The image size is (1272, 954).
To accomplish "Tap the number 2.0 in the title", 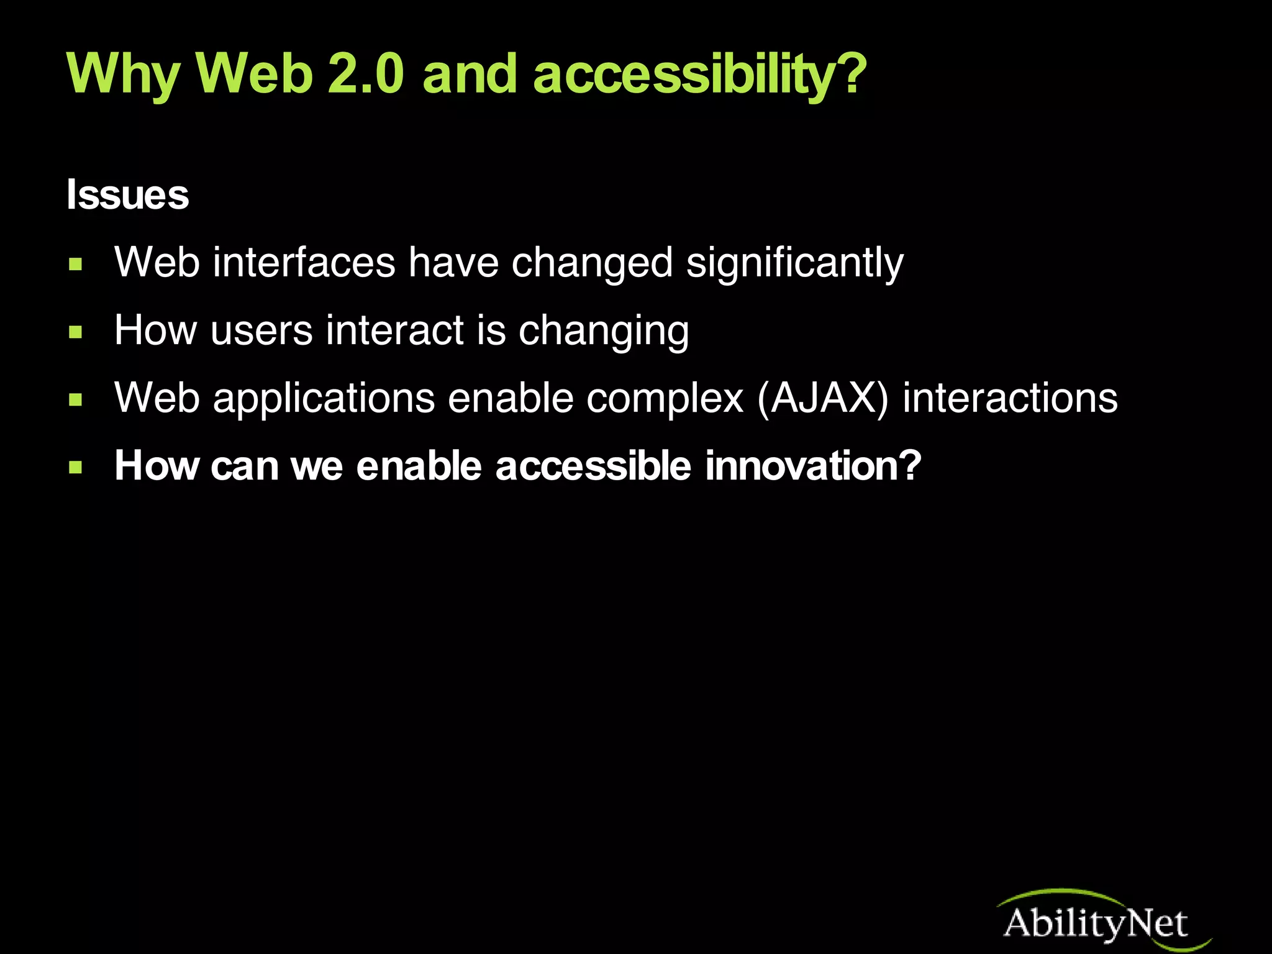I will coord(365,75).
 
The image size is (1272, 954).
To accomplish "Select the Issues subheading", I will coord(127,195).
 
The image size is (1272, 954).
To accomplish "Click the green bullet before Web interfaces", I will coord(76,265).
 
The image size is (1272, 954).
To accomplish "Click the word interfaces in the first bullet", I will coord(304,262).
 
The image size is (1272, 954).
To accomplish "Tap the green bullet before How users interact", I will coord(76,333).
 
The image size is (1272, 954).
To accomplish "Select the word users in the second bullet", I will coord(261,330).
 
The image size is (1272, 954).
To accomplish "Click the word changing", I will coord(603,331).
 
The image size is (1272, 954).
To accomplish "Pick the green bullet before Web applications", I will coord(76,400).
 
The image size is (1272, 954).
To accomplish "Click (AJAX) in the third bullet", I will coord(823,398).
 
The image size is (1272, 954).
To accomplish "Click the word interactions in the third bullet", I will coord(1010,398).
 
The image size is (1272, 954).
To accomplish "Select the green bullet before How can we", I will coord(76,467).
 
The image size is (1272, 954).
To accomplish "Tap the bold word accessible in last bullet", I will coord(593,466).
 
